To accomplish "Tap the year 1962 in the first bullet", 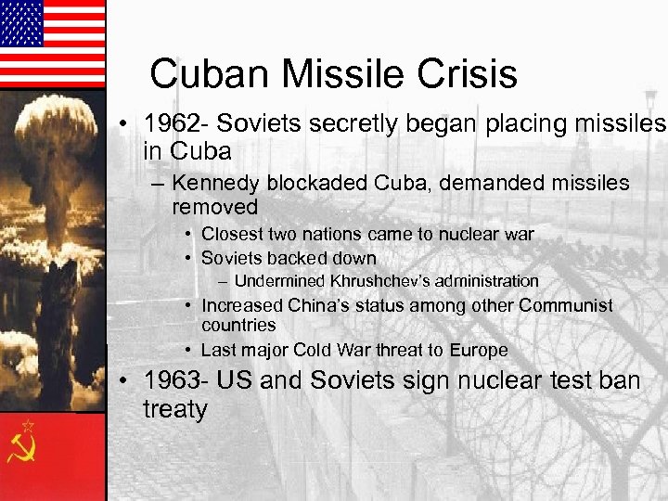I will click(164, 124).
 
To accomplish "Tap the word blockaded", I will click(315, 184).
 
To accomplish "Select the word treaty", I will click(175, 410).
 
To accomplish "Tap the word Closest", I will click(233, 235).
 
